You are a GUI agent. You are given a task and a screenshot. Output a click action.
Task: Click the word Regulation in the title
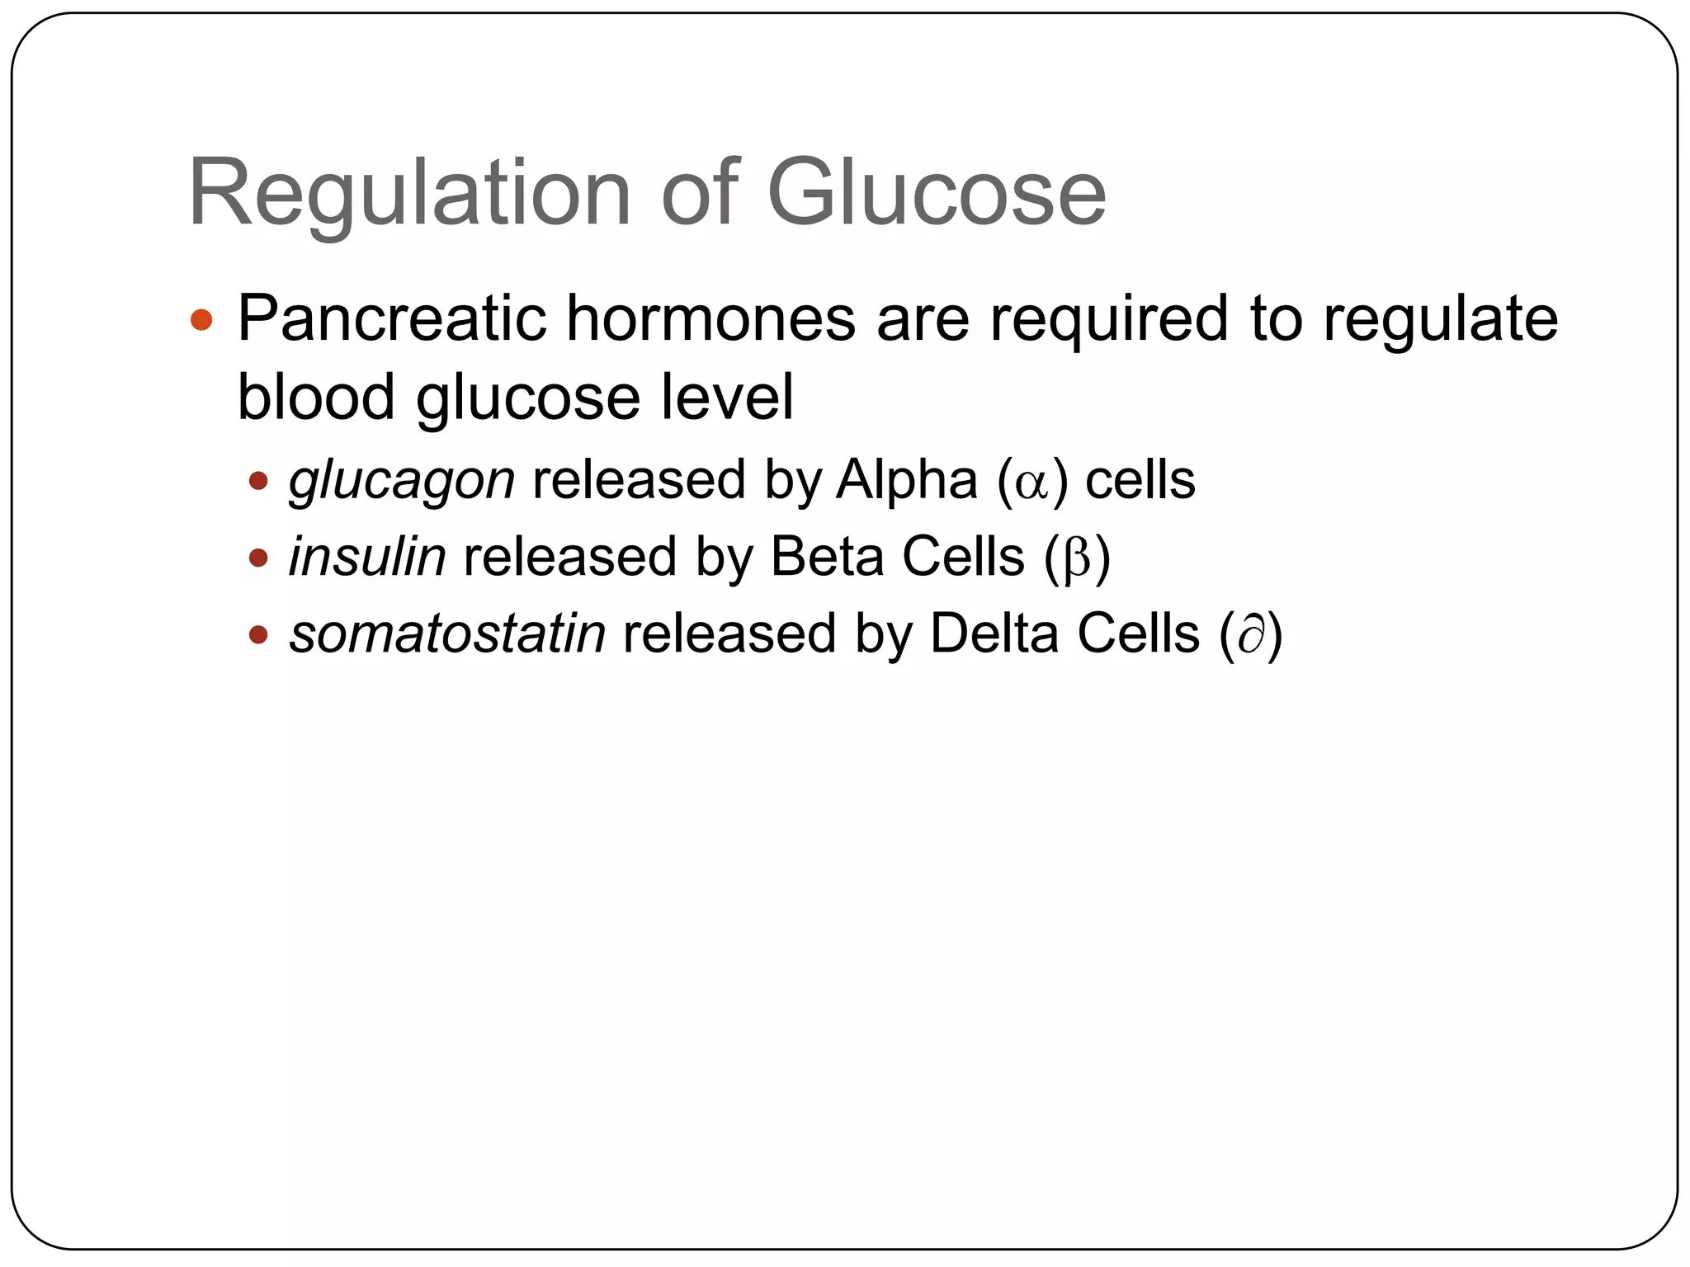409,194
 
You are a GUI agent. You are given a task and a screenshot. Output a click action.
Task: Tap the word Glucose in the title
936,194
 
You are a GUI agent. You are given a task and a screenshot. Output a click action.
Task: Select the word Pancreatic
392,319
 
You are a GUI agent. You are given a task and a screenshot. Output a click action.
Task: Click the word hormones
710,319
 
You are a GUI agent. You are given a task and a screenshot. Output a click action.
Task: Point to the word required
1109,319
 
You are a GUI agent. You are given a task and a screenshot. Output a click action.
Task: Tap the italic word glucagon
402,481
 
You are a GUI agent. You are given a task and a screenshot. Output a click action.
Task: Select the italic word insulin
367,557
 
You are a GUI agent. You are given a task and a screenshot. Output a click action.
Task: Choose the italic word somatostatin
447,634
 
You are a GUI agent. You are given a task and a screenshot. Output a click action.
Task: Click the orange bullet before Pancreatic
201,319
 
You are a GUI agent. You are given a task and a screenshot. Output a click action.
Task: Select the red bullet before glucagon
258,481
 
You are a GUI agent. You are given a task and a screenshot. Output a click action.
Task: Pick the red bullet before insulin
258,558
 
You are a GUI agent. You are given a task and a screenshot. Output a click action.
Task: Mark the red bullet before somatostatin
258,635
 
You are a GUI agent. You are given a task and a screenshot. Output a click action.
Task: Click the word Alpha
906,481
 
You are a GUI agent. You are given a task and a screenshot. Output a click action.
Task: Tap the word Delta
994,634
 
